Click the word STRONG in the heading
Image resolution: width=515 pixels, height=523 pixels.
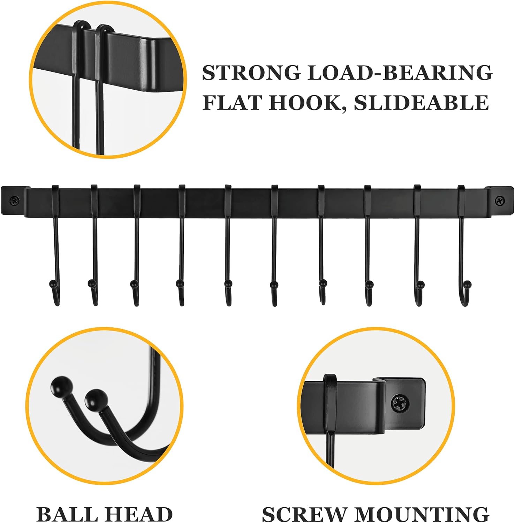[251, 73]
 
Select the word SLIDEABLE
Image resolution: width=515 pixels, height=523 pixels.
[421, 103]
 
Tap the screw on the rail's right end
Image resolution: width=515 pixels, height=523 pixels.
[500, 200]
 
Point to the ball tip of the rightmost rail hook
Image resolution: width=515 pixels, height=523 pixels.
[468, 284]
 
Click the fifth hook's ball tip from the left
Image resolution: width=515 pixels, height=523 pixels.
[228, 283]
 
